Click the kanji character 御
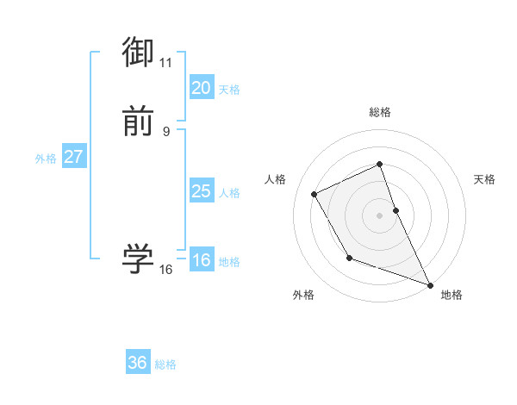tap(139, 53)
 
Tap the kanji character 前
tap(139, 121)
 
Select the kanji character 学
tap(139, 259)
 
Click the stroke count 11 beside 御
tap(166, 63)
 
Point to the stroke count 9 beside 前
tap(166, 131)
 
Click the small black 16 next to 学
tap(166, 269)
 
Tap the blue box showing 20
tap(201, 87)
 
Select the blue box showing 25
tap(201, 191)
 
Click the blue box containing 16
tap(201, 260)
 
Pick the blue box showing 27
tap(73, 157)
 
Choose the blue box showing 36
tap(137, 363)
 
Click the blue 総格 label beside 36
tap(165, 364)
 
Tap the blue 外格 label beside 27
tap(46, 159)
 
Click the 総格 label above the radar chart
tap(380, 112)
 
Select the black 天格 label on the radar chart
tap(485, 179)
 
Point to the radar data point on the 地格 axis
tap(431, 285)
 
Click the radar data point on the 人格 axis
tap(315, 194)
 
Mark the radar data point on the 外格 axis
tap(349, 258)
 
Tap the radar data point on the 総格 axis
tap(380, 164)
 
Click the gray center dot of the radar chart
tap(380, 215)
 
